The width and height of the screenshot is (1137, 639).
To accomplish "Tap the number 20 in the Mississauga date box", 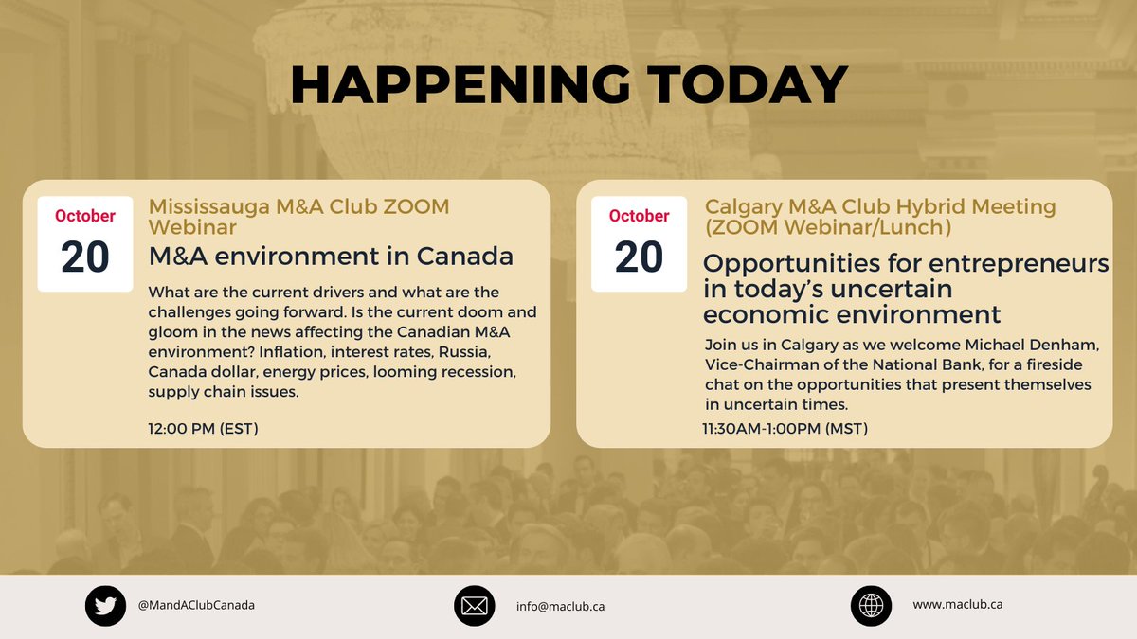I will (84, 257).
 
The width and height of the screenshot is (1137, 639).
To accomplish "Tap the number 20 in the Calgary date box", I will (639, 257).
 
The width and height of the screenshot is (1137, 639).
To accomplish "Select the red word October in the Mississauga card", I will (84, 216).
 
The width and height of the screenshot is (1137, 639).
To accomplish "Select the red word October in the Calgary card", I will (639, 216).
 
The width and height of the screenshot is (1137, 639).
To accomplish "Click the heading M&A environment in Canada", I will (331, 256).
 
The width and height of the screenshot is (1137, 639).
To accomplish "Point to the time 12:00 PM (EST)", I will (203, 429).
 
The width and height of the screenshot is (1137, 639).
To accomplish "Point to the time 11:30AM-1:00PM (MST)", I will (785, 429).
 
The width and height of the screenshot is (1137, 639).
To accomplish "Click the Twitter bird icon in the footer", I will (105, 606).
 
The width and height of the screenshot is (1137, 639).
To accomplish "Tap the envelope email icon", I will (475, 606).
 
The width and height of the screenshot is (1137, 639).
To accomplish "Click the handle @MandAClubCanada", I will (196, 605).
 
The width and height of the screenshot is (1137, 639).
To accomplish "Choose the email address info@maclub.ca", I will (560, 606).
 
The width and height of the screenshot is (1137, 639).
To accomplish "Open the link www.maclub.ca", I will (957, 604).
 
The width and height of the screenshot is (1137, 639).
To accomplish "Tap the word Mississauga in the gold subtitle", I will (202, 206).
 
